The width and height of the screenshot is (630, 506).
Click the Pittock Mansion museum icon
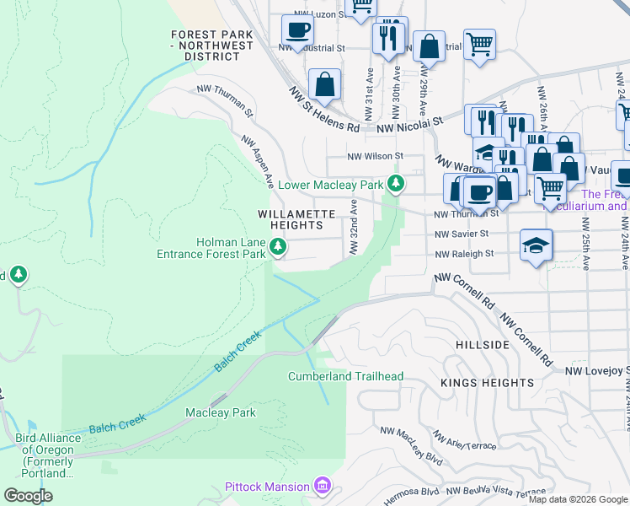[320, 486]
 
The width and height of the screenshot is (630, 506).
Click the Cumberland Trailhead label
[345, 376]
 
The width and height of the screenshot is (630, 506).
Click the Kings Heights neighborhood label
[487, 382]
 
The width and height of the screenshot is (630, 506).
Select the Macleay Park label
[220, 412]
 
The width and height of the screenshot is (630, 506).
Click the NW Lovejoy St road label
[597, 370]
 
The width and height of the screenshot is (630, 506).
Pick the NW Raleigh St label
[463, 253]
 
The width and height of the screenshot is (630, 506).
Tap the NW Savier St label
[461, 234]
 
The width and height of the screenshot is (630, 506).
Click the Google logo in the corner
[28, 495]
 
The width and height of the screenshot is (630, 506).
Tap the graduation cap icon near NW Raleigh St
[536, 245]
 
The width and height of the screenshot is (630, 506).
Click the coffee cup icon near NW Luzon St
[297, 31]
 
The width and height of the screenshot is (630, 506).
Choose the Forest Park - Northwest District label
[205, 46]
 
